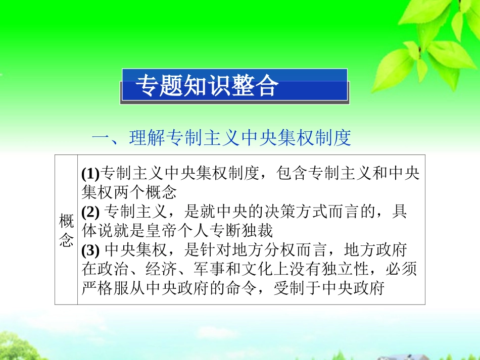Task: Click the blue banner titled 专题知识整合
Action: coord(234,86)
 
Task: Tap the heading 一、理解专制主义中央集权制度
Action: coord(221,137)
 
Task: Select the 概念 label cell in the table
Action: coord(66,230)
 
